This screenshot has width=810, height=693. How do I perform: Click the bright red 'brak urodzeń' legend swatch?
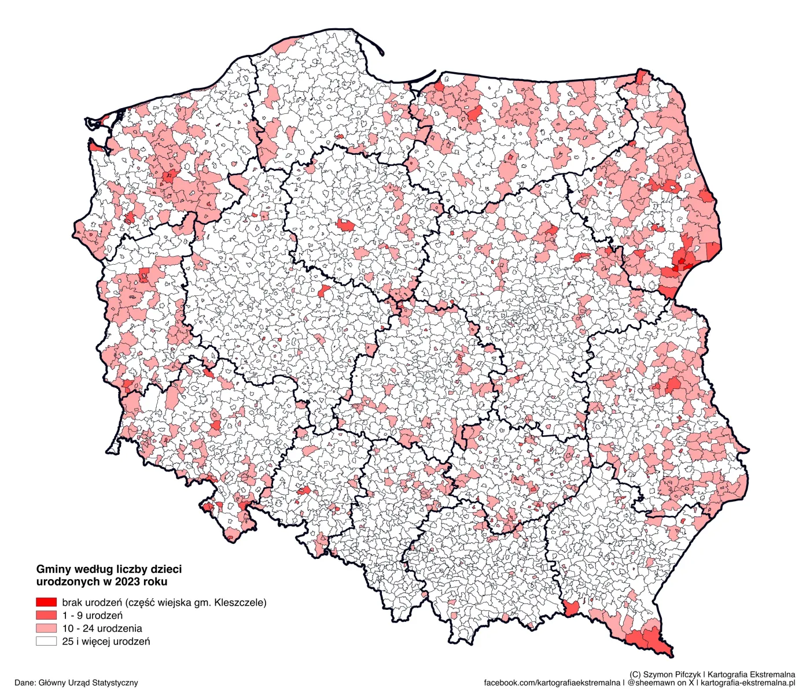click(46, 602)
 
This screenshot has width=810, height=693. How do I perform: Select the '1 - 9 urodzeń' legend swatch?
click(46, 615)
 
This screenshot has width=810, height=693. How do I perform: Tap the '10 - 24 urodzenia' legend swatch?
click(46, 628)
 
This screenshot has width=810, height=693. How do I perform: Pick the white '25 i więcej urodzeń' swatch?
click(46, 641)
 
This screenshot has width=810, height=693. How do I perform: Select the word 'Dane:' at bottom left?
click(25, 683)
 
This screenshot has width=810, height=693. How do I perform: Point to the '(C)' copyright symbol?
click(635, 675)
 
